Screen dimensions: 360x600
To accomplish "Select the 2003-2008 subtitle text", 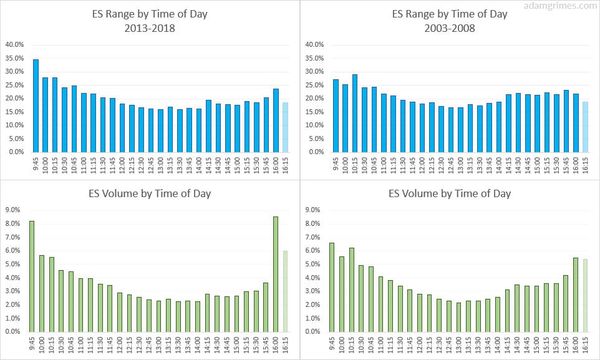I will (450, 27).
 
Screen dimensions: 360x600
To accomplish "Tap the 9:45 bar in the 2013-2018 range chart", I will (36, 105).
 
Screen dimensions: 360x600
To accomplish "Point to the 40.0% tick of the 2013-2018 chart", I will (15, 45).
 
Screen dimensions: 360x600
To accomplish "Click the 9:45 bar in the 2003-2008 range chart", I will (335, 115).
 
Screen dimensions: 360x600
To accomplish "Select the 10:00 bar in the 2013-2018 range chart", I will (45, 114).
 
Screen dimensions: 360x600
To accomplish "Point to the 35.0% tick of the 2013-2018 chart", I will (15, 58).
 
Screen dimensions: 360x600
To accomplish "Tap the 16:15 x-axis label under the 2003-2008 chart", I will (585, 167).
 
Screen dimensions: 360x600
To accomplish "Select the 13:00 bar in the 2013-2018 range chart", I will (160, 130).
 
